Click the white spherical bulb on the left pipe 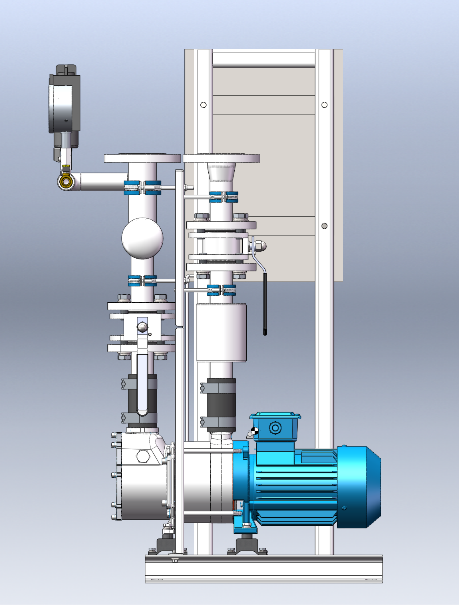point(142,238)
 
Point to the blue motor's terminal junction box point(275,427)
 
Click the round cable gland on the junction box point(275,428)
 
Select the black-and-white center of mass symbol point(254,431)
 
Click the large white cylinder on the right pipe point(221,333)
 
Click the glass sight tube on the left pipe point(142,384)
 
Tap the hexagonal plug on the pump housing point(143,456)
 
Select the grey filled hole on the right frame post point(324,226)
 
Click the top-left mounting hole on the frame point(203,105)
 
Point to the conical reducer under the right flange point(221,172)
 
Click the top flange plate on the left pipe point(142,158)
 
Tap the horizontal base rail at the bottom point(264,569)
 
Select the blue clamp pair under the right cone point(224,197)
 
